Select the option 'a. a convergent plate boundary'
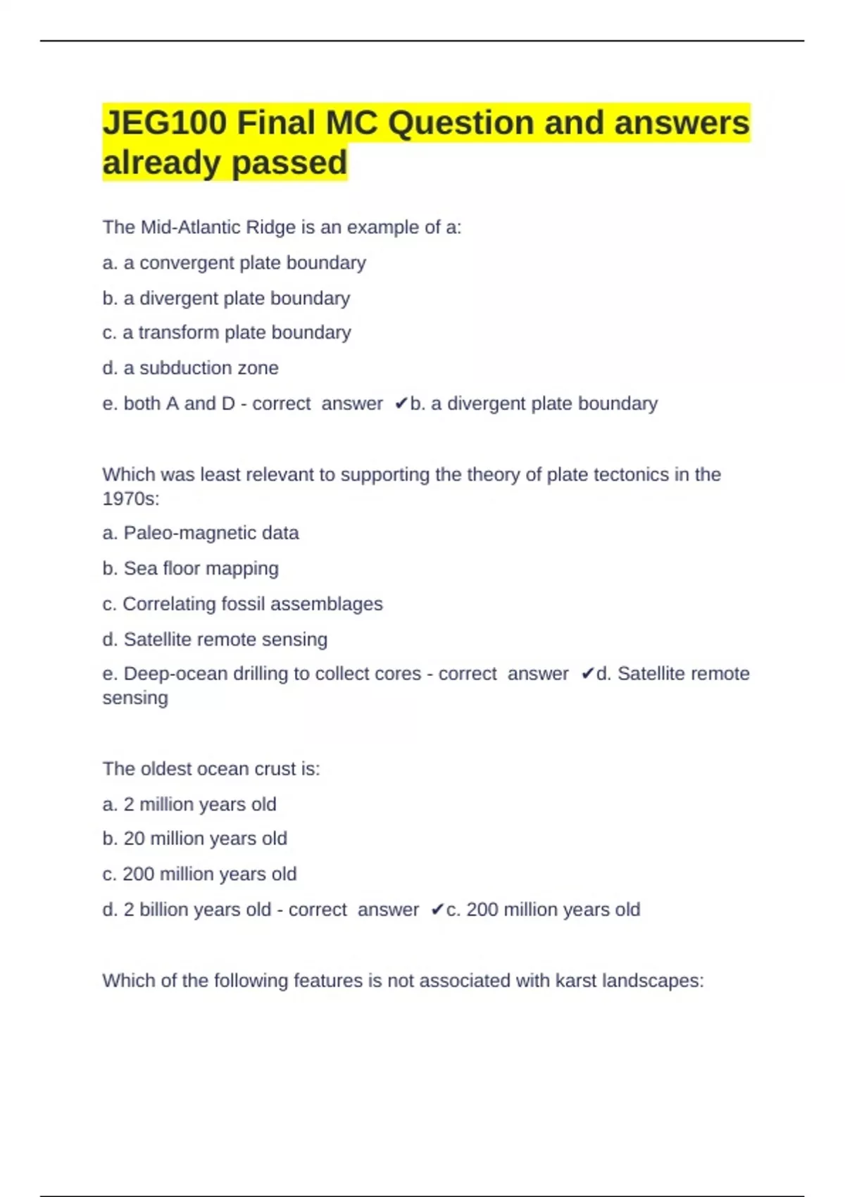(x=234, y=263)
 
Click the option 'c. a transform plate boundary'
(x=226, y=332)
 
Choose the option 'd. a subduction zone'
(x=190, y=368)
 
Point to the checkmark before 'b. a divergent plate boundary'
(x=401, y=403)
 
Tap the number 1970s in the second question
(x=130, y=499)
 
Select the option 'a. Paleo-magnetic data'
(x=200, y=533)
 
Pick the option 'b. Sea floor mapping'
(x=190, y=568)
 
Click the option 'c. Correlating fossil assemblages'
(x=242, y=604)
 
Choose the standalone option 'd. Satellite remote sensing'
(x=215, y=639)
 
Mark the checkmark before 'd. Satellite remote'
(x=587, y=674)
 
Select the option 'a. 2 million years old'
(x=189, y=804)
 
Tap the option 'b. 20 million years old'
(x=194, y=839)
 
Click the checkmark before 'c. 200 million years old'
(x=437, y=910)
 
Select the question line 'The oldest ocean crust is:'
(x=211, y=769)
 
